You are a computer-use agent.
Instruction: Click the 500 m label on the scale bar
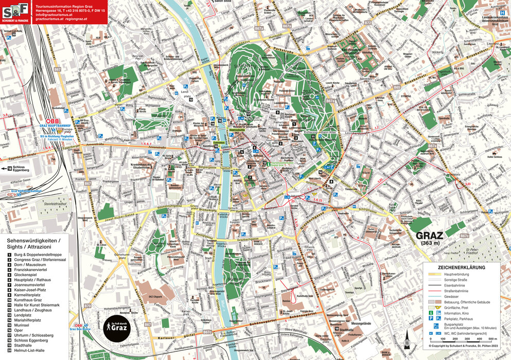[492, 339]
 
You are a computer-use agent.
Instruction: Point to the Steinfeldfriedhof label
[57, 203]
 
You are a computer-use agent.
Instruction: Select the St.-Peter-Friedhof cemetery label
[469, 250]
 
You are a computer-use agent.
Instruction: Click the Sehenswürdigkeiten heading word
[32, 240]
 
